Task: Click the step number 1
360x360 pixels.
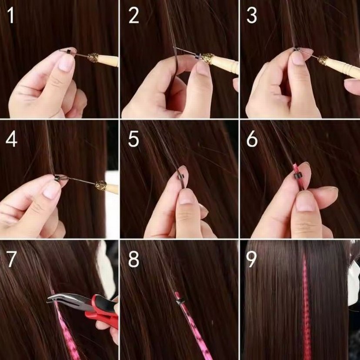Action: coord(10,16)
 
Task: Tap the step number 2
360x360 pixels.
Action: coord(133,16)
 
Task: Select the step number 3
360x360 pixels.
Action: coord(252,16)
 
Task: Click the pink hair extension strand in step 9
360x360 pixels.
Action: coord(306,304)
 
